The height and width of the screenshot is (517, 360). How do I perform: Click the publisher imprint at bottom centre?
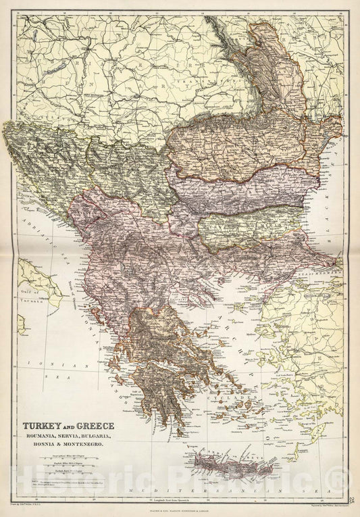pos(180,508)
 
